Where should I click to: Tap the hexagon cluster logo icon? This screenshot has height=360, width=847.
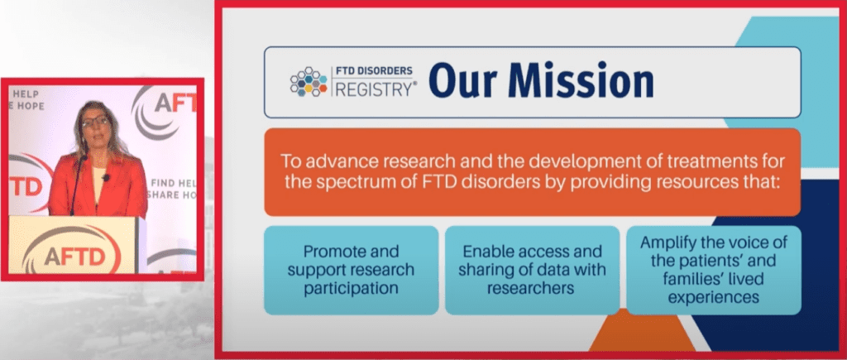tap(309, 82)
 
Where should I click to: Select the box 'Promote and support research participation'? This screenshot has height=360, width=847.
tap(351, 270)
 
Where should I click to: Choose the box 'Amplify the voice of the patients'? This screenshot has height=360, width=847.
tap(713, 270)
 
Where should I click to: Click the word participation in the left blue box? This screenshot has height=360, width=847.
tap(351, 288)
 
